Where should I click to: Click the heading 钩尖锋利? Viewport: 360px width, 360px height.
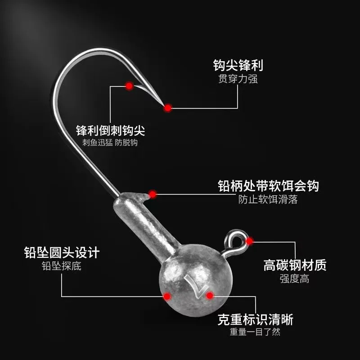point(238,65)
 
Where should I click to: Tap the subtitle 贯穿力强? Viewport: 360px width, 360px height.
point(238,80)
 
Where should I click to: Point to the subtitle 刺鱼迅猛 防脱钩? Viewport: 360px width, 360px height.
point(110,143)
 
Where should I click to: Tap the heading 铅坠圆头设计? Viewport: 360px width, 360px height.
point(61,252)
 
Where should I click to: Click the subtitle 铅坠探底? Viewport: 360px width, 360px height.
point(61,266)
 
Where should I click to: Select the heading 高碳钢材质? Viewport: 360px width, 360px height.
point(295,265)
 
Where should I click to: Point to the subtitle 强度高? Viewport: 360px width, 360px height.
point(295,279)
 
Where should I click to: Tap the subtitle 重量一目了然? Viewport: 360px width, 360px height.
point(255,333)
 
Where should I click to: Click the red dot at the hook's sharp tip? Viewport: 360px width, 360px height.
point(168,108)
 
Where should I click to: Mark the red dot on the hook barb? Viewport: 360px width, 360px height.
point(129,85)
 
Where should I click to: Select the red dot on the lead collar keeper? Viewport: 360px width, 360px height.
point(153,194)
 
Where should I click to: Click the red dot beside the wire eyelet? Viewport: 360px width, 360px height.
point(250,241)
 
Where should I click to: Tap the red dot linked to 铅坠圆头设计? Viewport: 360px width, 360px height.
point(167,296)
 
